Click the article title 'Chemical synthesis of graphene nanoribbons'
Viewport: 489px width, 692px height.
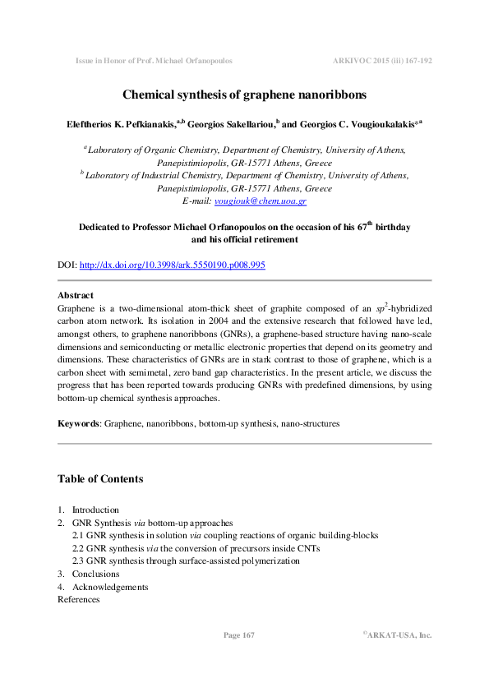244,96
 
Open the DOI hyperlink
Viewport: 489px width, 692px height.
172,265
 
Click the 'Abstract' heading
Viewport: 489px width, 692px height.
76,295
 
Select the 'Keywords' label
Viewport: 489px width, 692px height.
78,423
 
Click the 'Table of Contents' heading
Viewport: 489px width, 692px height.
100,479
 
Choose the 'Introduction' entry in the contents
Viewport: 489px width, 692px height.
95,510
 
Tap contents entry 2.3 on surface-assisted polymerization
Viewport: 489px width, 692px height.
185,561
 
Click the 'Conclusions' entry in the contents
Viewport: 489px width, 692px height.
95,574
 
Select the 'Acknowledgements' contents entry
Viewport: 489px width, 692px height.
110,587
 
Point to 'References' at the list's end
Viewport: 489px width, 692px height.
78,599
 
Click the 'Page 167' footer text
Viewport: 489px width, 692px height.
239,635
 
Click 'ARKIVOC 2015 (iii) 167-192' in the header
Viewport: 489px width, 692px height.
382,61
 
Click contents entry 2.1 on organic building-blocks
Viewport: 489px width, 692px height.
225,535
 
